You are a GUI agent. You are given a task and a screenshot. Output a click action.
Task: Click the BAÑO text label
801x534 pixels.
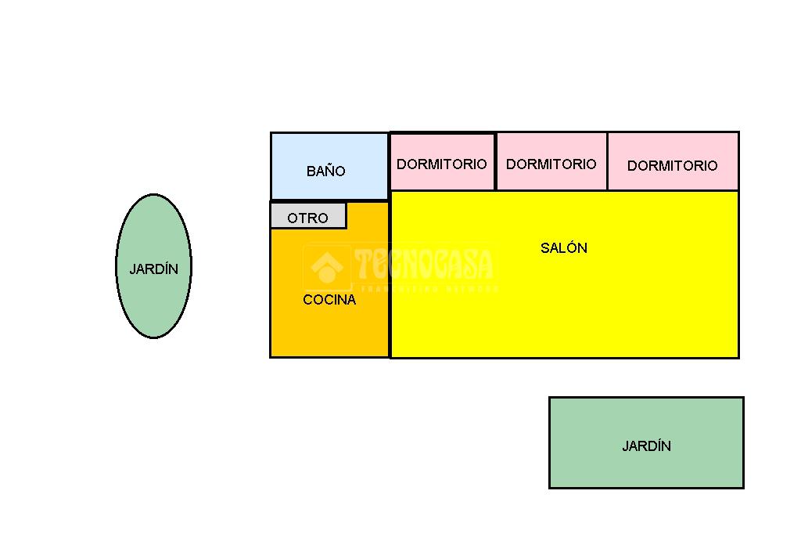[325, 171]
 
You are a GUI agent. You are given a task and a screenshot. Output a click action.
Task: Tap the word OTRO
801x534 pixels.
[307, 218]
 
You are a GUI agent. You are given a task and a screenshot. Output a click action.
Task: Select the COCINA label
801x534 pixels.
[329, 300]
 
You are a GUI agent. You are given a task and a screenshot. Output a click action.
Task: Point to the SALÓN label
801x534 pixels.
[564, 248]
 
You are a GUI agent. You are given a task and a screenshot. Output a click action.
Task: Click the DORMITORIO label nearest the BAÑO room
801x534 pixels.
[441, 164]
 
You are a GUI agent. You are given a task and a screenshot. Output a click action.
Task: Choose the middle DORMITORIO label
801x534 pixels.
[551, 164]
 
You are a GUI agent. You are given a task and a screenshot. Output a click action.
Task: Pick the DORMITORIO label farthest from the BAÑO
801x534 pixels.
[672, 166]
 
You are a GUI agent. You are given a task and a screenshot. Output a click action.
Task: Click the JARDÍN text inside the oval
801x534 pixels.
[153, 269]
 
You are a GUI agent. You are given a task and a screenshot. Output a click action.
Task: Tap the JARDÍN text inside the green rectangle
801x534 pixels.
[646, 446]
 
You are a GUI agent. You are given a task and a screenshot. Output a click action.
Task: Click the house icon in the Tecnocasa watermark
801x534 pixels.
[327, 268]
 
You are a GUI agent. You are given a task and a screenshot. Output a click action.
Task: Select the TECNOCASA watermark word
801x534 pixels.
[423, 265]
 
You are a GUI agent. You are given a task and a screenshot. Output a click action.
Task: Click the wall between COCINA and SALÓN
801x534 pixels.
[390, 313]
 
